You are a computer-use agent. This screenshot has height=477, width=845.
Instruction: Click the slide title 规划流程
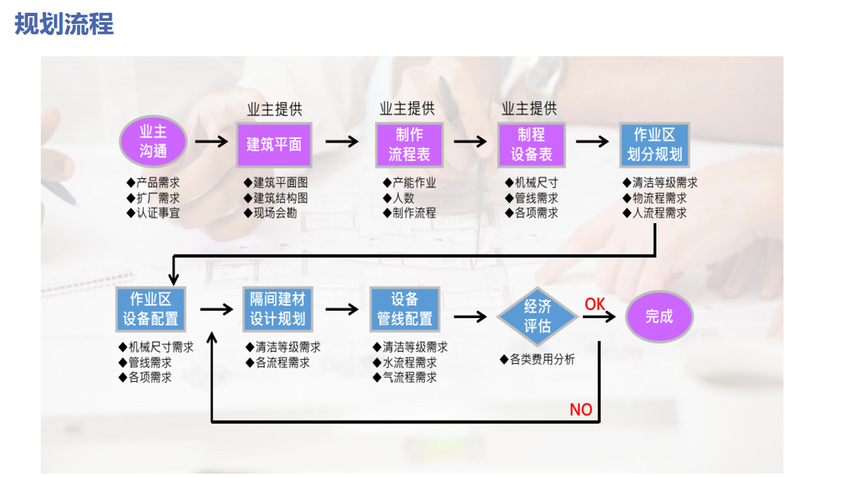(x=64, y=24)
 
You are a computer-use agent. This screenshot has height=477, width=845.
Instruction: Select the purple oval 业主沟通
(x=153, y=142)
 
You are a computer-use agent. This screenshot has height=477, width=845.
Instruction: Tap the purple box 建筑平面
(x=274, y=144)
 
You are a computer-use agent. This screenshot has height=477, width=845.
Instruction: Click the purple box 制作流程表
(x=409, y=145)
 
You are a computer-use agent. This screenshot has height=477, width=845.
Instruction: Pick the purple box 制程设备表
(x=531, y=145)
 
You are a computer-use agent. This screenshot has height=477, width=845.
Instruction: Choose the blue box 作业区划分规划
(x=654, y=145)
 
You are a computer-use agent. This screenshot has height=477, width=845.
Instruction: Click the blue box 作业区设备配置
(x=151, y=309)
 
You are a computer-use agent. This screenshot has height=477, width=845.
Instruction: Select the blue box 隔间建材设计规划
(x=278, y=309)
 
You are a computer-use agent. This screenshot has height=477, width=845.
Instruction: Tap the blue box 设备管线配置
(x=405, y=309)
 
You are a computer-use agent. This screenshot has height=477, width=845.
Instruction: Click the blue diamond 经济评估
(x=537, y=316)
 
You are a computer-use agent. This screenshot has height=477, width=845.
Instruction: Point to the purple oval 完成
(x=659, y=316)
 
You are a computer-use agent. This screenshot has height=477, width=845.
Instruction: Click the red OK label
(x=595, y=304)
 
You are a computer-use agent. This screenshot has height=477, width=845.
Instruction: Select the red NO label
(x=581, y=409)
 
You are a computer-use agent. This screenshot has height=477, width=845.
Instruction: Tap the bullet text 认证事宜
(x=158, y=213)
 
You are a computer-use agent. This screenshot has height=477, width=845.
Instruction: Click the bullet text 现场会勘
(x=275, y=213)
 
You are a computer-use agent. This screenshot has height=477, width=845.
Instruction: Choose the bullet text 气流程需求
(x=409, y=377)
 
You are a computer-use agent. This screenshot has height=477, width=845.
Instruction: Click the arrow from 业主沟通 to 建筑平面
(x=211, y=142)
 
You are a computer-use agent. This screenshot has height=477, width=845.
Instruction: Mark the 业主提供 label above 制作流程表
(x=407, y=109)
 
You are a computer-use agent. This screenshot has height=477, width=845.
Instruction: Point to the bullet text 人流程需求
(x=659, y=213)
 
